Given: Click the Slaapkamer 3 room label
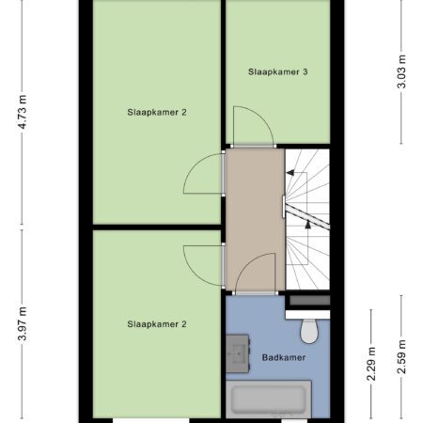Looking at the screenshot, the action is coord(277,72).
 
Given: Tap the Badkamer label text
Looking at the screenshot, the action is coord(284,357).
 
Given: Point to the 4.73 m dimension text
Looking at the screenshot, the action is coord(23,112).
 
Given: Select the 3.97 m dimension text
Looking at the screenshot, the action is coord(23,323).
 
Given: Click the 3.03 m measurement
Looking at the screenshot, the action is coord(401,71).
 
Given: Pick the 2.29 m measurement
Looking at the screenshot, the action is coord(371,364).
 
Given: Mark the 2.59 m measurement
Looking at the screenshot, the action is coord(401,357).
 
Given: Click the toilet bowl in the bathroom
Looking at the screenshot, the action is coord(309,332).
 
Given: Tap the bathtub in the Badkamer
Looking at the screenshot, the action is coord(269,399).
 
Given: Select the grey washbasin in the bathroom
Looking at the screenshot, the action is coord(238,353).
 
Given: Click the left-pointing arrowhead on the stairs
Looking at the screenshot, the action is coord(290,173).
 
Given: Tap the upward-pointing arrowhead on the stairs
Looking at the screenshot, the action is coord(308,224).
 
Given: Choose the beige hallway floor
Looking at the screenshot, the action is coord(255,219).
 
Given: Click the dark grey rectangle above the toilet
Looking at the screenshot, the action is coord(309,301).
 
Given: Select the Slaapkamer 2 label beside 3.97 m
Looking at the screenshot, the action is coord(157,324).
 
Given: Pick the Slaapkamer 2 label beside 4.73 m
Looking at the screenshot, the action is coord(157,112).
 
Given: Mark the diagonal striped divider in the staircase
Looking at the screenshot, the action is coord(307,216).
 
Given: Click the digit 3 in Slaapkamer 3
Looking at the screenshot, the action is coord(305,72).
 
